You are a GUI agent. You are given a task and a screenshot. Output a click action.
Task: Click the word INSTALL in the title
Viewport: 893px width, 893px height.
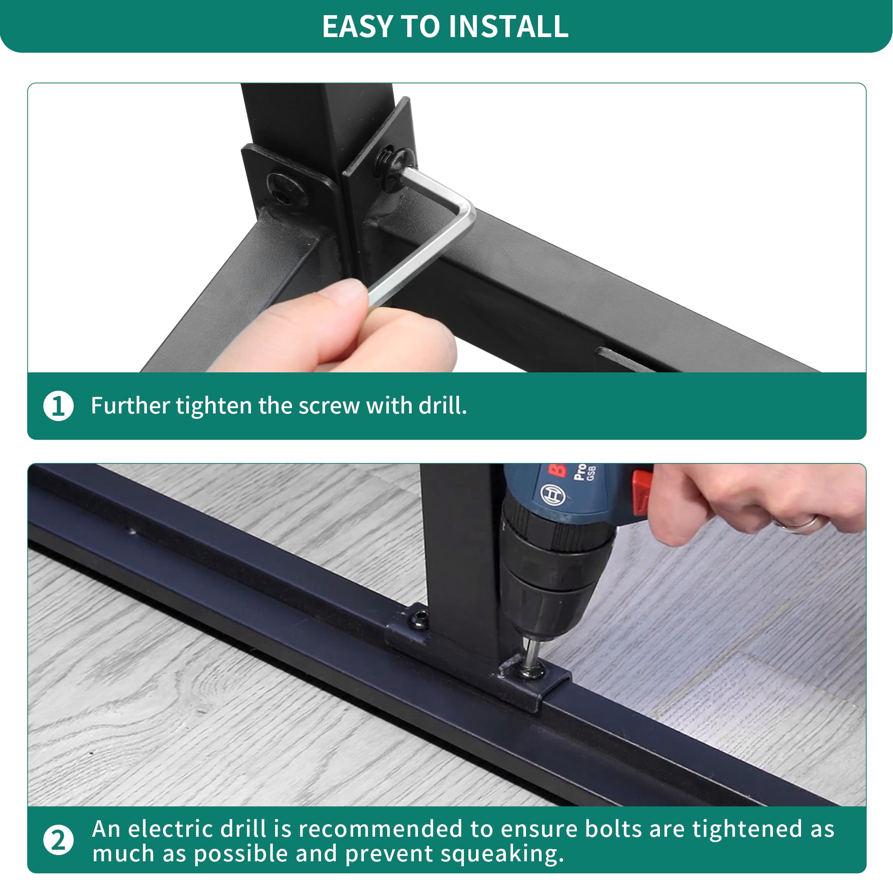pos(509,26)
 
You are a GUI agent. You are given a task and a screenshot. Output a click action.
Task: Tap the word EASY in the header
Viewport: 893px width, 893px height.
pos(358,26)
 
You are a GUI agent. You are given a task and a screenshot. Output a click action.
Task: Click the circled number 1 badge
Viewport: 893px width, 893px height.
pos(58,406)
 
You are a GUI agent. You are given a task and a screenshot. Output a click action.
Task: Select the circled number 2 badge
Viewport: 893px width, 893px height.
pos(58,840)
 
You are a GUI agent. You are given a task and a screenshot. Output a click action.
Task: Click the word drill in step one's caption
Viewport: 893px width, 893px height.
pos(442,405)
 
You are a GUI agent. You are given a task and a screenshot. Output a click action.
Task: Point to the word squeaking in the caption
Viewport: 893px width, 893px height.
pos(502,854)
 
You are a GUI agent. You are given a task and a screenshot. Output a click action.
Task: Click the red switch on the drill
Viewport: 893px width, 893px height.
pos(642,492)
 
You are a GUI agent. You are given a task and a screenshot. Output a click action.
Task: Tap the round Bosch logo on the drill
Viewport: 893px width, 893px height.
pos(553,495)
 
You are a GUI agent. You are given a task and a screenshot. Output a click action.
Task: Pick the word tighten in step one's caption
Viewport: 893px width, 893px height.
pos(213,405)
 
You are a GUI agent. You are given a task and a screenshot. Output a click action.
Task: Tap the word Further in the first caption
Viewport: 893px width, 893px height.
pos(130,405)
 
